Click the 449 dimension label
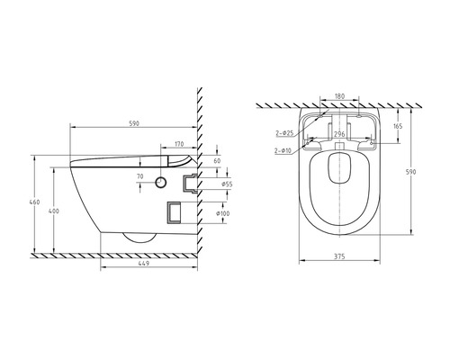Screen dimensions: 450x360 144,264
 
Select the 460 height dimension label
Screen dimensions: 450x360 34,202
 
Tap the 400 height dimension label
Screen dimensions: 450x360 54,211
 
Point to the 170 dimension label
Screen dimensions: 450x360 179,144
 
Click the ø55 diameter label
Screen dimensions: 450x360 227,184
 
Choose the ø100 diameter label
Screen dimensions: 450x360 223,213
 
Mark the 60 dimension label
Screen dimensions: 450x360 217,161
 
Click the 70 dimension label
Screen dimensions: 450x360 140,176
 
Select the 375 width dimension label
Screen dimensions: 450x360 339,256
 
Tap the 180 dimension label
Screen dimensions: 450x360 339,96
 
